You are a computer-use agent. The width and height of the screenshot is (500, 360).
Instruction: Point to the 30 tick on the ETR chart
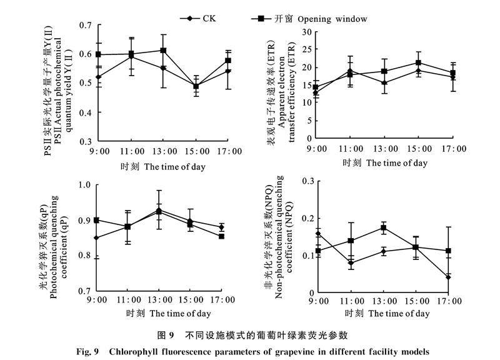(x=306, y=31)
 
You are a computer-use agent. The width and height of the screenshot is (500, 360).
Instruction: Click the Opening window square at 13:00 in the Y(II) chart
(x=163, y=51)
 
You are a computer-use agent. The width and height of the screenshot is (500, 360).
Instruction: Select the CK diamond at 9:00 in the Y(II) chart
(x=99, y=77)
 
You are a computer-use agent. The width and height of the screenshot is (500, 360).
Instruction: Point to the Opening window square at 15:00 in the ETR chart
(x=419, y=63)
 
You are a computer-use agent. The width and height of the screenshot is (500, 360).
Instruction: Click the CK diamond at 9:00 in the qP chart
(x=96, y=238)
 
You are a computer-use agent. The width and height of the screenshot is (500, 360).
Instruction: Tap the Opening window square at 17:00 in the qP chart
(x=222, y=236)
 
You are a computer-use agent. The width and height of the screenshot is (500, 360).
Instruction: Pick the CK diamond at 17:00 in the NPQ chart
(x=448, y=277)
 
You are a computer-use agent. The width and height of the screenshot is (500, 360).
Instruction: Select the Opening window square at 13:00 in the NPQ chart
(x=384, y=227)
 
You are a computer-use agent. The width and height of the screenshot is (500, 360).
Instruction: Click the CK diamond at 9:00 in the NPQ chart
(x=318, y=234)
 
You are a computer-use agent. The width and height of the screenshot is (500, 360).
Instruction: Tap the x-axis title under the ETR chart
(x=385, y=163)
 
